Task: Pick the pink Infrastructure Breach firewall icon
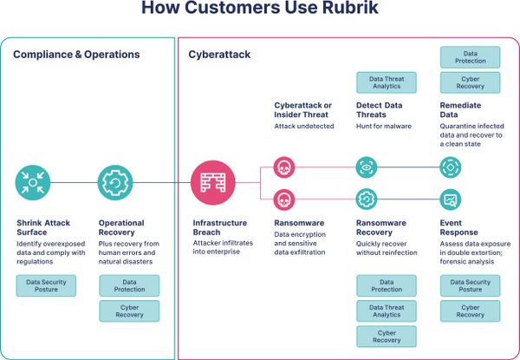tap(211, 183)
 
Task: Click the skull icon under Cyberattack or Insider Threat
tap(283, 167)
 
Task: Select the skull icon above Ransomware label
tap(283, 200)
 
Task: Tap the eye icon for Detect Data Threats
tap(367, 167)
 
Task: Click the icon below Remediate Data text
tap(451, 167)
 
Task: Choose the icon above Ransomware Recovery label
tap(367, 200)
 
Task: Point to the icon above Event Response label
tap(451, 200)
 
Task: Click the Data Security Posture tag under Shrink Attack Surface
tap(46, 285)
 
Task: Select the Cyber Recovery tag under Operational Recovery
tap(129, 311)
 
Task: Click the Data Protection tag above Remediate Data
tap(470, 56)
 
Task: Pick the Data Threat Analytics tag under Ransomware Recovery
tap(386, 311)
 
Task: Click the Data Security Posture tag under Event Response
tap(470, 285)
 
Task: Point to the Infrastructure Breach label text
tap(219, 227)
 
